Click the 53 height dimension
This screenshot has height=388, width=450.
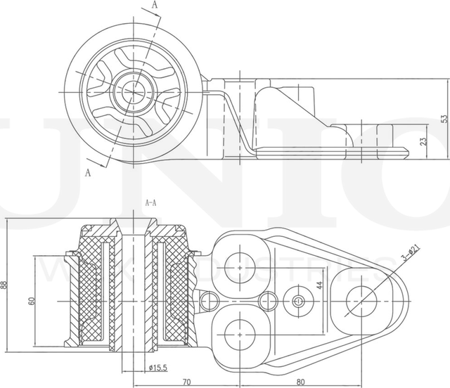click(444, 119)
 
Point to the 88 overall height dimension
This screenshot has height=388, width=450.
click(5, 285)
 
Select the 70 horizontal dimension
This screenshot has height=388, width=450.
click(186, 382)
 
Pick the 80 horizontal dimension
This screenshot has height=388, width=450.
click(300, 382)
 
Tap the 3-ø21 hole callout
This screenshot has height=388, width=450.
click(410, 253)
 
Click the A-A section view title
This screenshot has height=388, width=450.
click(150, 202)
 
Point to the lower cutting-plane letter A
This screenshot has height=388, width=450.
click(89, 171)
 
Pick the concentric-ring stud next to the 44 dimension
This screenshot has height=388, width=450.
click(298, 302)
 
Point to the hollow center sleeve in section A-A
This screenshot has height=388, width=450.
click(133, 288)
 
